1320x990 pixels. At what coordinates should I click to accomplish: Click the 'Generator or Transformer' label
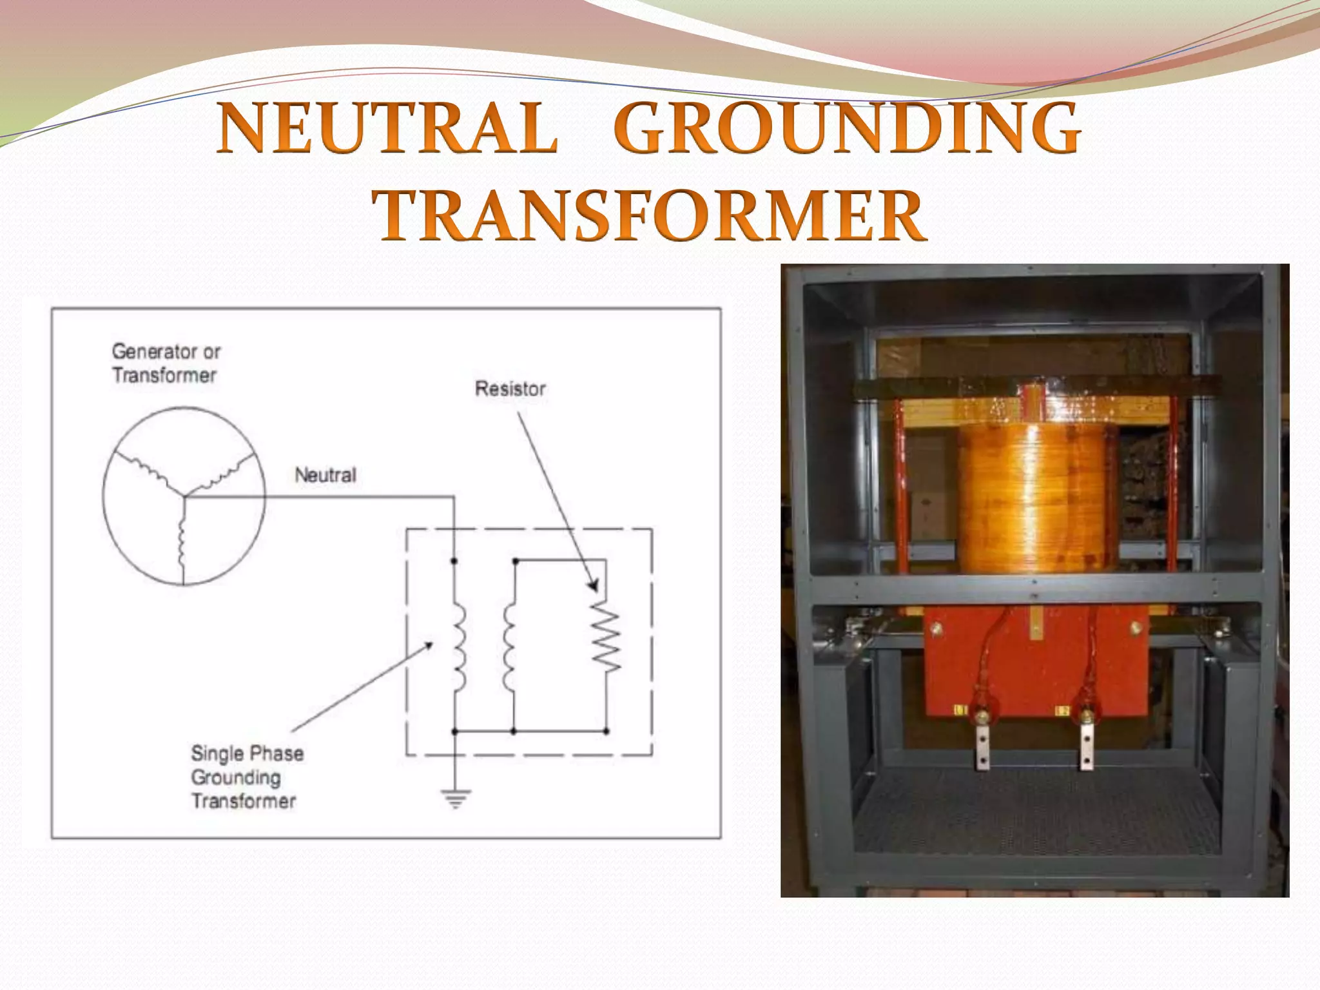click(x=166, y=364)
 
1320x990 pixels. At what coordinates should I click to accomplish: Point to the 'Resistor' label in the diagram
click(x=510, y=389)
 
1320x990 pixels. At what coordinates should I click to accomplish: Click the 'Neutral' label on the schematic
click(x=325, y=475)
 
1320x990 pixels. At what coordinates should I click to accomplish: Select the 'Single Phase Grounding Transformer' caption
click(x=246, y=777)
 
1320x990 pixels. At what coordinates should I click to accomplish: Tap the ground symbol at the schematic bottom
click(x=455, y=799)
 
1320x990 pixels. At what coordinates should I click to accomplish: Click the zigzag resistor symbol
click(x=606, y=637)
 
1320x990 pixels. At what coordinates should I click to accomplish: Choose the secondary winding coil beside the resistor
click(x=509, y=646)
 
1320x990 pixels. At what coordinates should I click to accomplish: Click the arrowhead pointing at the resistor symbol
click(x=594, y=586)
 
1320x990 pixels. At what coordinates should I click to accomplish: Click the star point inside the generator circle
click(x=184, y=496)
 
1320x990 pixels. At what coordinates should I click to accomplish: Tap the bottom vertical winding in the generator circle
click(x=182, y=541)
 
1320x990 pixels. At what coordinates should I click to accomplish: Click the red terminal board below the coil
click(x=1036, y=664)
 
